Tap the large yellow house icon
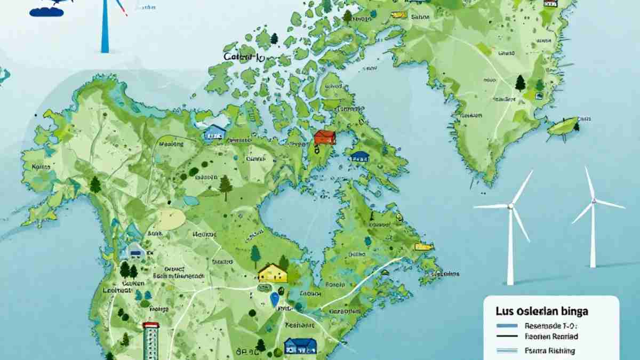click(273, 273)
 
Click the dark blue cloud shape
click(50, 8)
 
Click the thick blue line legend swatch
click(506, 325)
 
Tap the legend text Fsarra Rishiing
click(550, 350)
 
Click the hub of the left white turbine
click(511, 205)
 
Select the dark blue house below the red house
click(361, 156)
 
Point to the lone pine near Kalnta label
click(95, 185)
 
